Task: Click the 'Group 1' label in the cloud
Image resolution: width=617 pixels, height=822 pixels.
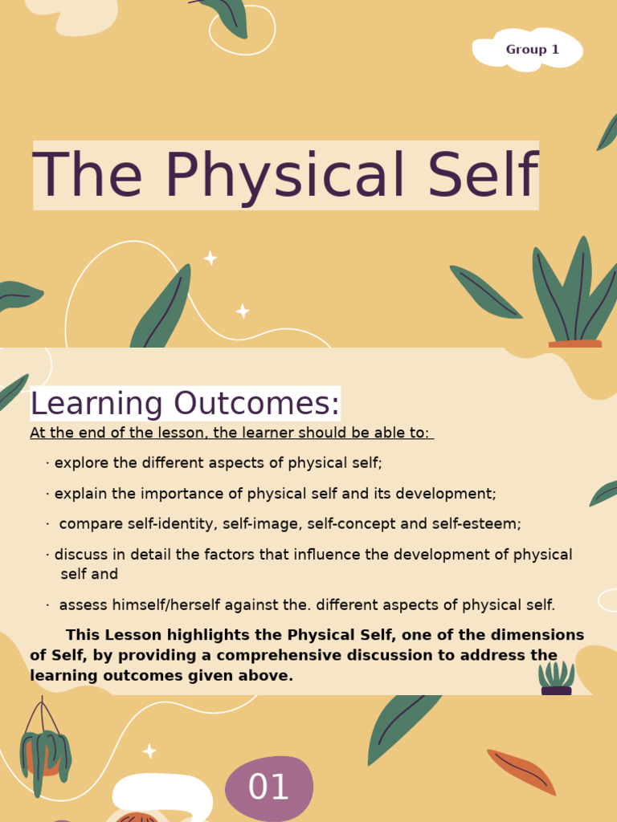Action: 532,50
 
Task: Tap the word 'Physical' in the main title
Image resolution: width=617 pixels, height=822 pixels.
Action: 285,176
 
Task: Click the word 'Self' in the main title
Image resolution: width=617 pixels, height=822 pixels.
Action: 482,176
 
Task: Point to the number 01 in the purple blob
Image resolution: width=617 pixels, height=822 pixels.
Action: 268,788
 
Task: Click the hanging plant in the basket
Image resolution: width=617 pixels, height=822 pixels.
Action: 45,755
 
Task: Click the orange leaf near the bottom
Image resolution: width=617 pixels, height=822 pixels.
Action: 522,771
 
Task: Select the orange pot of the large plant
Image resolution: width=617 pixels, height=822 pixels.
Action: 574,344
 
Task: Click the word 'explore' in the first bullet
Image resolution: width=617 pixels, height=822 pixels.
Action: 78,463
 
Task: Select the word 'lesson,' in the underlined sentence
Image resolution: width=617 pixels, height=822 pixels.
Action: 185,433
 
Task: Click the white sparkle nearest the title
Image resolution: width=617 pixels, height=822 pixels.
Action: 210,258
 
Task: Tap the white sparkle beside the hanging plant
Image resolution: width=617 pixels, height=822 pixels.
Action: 149,751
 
